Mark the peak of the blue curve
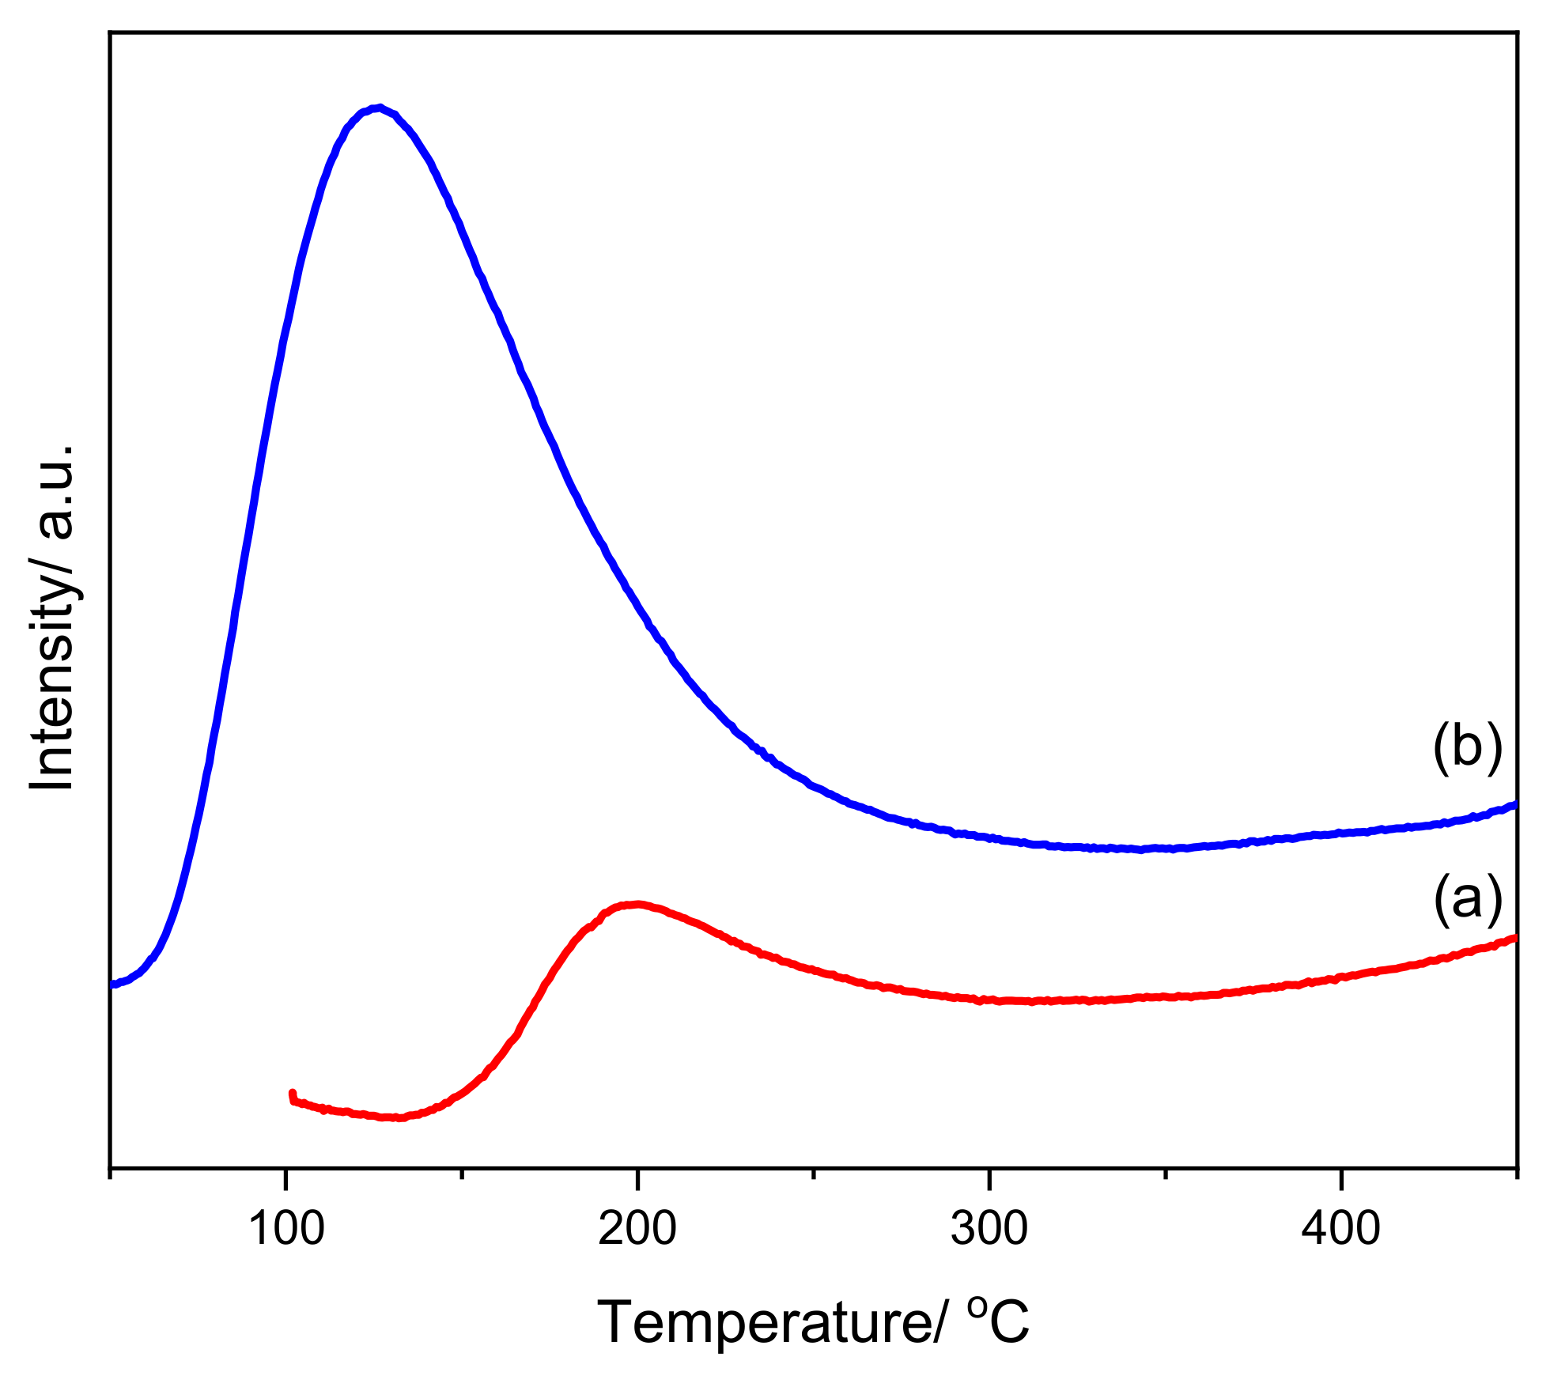coord(379,108)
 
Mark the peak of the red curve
coord(635,904)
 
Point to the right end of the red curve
coord(1514,939)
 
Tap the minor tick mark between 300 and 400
coord(1165,1173)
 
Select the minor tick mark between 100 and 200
coord(462,1173)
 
